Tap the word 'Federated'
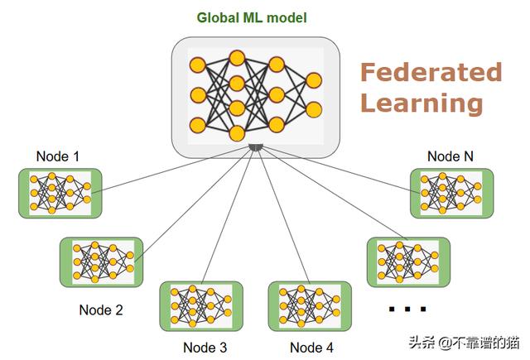point(431,73)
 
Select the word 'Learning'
point(422,103)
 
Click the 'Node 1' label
point(59,156)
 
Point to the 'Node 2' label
point(100,310)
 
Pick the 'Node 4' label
point(312,348)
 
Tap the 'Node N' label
point(450,156)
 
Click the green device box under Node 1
point(60,193)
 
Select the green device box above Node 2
point(101,262)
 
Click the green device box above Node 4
point(310,306)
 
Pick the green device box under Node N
point(451,193)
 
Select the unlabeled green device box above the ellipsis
point(408,262)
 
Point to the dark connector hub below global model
point(256,147)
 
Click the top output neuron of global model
point(314,80)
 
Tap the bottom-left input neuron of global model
point(197,125)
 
